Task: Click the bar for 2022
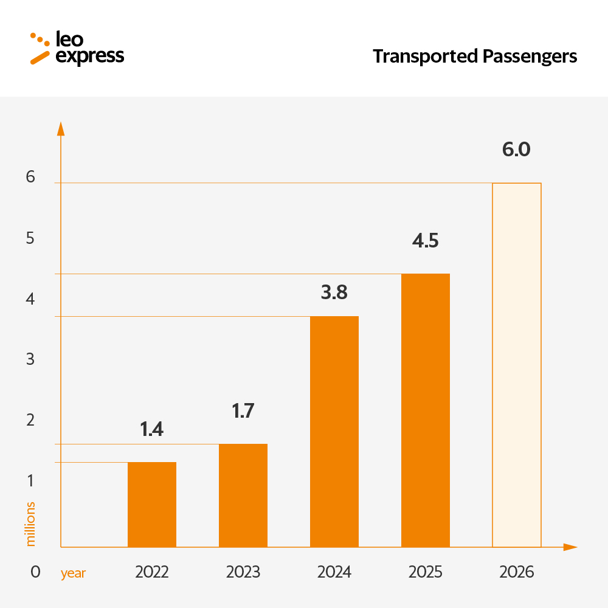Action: [152, 505]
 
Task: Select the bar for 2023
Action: [243, 496]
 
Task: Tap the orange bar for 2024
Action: [334, 432]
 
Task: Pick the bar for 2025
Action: [426, 410]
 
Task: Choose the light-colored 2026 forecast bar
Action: [517, 365]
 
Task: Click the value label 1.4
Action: [152, 429]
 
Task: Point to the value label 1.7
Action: [243, 411]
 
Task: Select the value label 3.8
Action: [334, 292]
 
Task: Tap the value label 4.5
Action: [425, 241]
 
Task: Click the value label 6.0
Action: [516, 150]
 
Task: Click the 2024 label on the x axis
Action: [334, 572]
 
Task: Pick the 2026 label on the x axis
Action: [516, 572]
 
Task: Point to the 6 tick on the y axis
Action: [30, 177]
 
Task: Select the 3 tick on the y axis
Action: [30, 359]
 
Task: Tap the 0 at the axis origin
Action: [35, 572]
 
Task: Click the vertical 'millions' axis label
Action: [31, 523]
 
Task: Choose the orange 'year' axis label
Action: [73, 573]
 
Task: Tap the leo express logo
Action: [77, 48]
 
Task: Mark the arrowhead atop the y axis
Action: [60, 128]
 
